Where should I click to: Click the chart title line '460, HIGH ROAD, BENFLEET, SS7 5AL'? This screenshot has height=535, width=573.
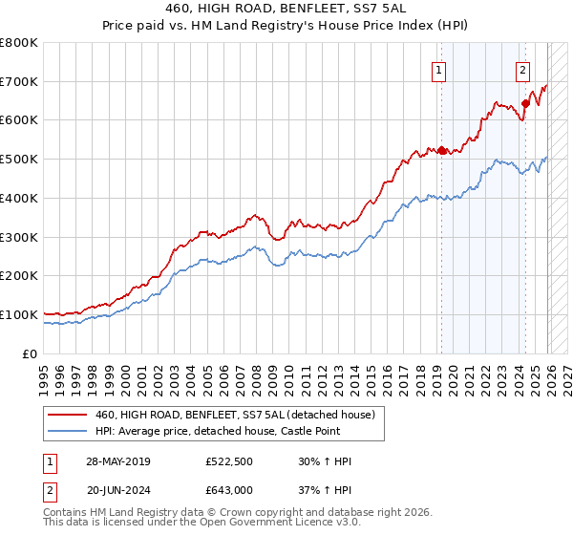(287, 8)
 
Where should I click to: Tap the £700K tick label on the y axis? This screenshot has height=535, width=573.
(18, 82)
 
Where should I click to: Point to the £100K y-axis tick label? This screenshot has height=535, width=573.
(18, 314)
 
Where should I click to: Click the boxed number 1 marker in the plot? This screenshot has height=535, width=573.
(439, 69)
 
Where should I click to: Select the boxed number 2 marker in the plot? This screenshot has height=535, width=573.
(523, 69)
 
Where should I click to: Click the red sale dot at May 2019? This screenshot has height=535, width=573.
(441, 150)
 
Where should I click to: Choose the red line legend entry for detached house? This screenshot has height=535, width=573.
(239, 415)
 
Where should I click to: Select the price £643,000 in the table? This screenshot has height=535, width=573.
(229, 489)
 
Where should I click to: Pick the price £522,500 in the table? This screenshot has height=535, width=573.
(229, 461)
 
